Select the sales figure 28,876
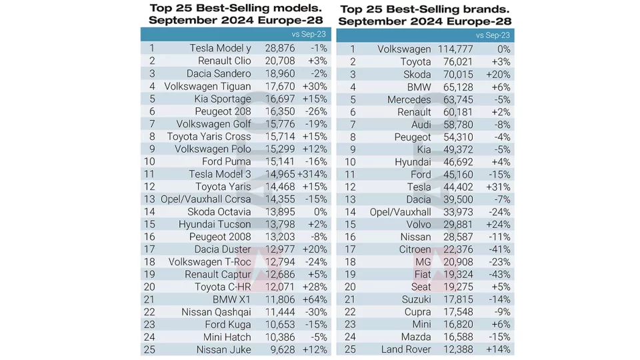pos(279,48)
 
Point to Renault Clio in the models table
pos(225,61)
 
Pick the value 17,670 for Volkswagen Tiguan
pos(279,86)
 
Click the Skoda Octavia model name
pos(219,211)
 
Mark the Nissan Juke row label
pos(224,350)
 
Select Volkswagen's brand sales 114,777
pos(455,49)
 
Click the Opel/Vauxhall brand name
pos(401,212)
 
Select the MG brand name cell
pos(423,262)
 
